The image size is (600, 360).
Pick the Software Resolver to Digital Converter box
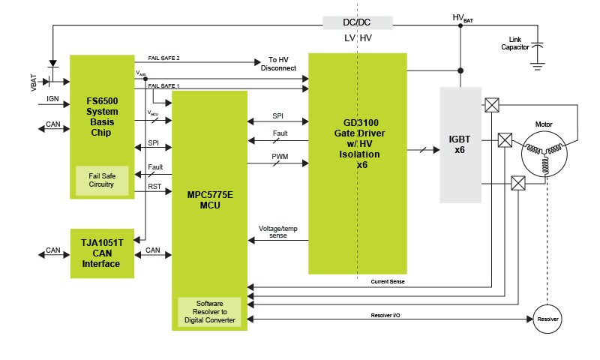[209, 311]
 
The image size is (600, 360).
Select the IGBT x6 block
[459, 143]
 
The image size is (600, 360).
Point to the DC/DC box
[357, 22]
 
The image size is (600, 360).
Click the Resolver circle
[546, 319]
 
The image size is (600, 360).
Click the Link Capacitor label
[515, 43]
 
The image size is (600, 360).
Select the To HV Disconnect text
[278, 64]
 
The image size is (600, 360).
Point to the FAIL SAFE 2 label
[163, 58]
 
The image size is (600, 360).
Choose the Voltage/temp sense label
[278, 231]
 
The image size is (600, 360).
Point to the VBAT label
[33, 82]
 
